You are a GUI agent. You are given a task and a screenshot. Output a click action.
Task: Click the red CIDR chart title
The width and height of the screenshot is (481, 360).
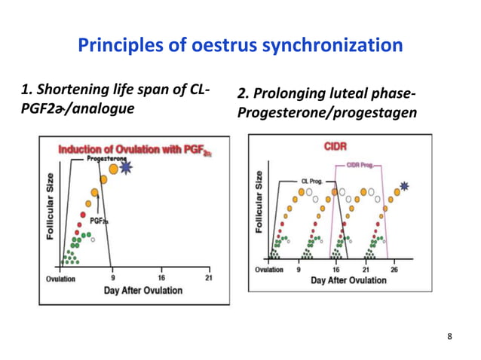click(335, 145)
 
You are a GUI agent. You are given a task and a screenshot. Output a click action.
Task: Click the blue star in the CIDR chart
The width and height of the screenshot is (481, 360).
click(406, 185)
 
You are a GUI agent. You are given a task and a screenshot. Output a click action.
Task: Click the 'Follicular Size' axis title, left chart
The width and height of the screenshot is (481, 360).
click(50, 205)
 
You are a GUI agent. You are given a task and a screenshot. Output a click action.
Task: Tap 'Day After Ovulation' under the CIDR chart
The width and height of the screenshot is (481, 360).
click(349, 280)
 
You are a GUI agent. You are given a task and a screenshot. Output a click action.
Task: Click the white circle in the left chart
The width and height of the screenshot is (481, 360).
click(92, 241)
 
